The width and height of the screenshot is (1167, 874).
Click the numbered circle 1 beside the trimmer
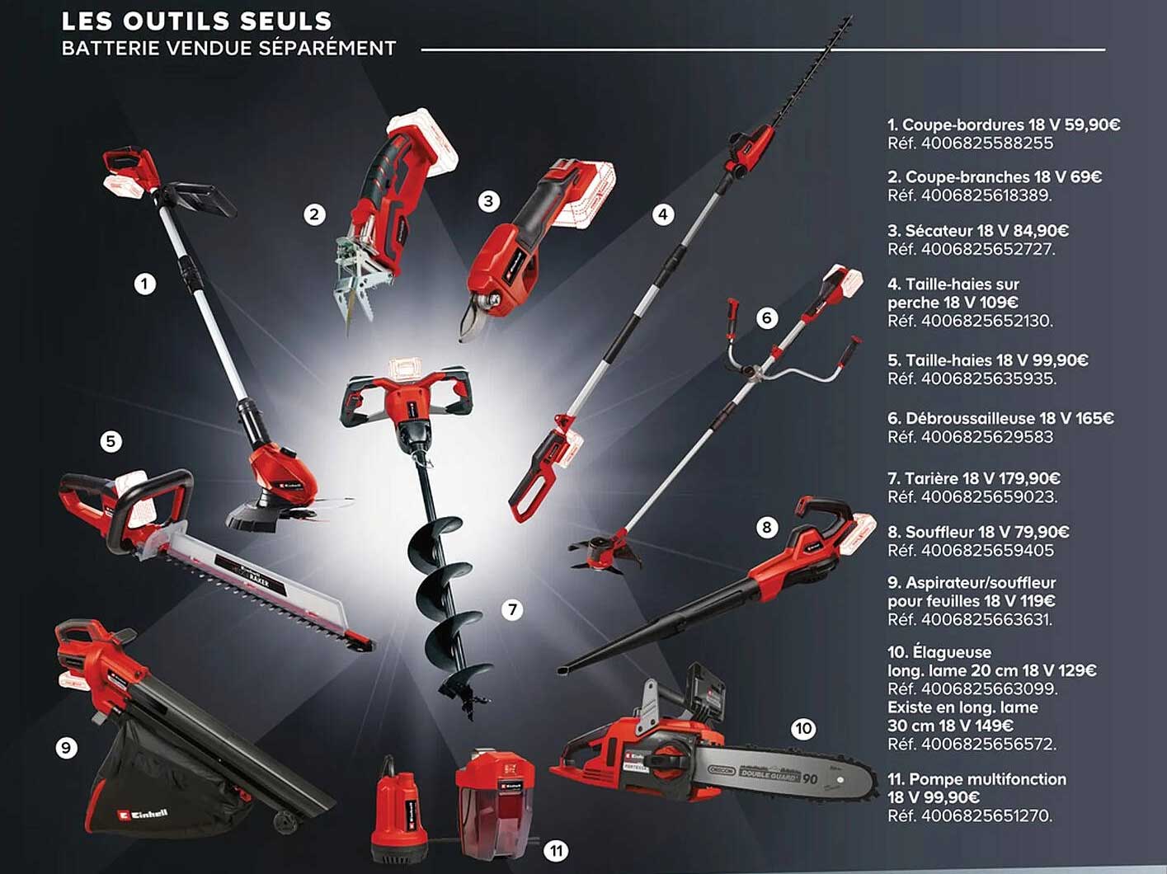[145, 284]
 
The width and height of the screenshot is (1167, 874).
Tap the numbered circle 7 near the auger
[512, 610]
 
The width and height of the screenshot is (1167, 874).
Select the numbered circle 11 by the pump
[557, 851]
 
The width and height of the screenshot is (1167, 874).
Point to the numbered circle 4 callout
[663, 215]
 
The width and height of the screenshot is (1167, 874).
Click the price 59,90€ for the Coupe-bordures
[1092, 125]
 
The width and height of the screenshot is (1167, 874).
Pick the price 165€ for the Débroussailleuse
[1094, 419]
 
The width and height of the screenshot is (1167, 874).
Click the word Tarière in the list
[931, 479]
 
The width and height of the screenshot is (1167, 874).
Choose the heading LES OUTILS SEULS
[196, 21]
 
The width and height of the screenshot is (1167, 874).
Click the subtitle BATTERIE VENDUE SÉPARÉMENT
[228, 49]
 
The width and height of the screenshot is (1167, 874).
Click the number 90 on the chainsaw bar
[810, 778]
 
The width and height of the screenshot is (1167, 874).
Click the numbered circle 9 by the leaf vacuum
[66, 748]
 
